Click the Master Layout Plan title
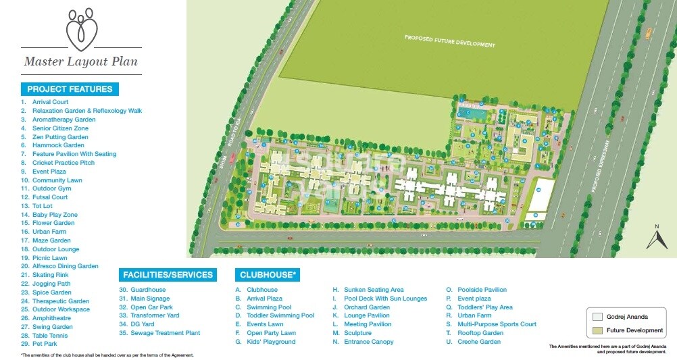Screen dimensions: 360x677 pyautogui.click(x=81, y=62)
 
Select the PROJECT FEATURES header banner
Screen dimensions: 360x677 pyautogui.click(x=70, y=89)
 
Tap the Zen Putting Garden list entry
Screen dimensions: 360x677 pyautogui.click(x=60, y=136)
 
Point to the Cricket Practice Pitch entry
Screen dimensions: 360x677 pyautogui.click(x=64, y=163)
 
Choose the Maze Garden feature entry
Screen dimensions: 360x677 pyautogui.click(x=51, y=240)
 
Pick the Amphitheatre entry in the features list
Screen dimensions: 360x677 pyautogui.click(x=52, y=318)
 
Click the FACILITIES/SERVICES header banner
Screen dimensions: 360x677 pyautogui.click(x=168, y=275)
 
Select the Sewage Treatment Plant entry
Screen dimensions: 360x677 pyautogui.click(x=165, y=333)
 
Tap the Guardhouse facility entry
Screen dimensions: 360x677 pyautogui.click(x=148, y=290)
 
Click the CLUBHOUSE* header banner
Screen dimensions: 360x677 pyautogui.click(x=268, y=275)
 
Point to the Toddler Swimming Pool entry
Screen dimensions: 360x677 pyautogui.click(x=280, y=315)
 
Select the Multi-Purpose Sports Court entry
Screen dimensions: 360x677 pyautogui.click(x=497, y=324)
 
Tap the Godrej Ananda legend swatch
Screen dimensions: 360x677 pyautogui.click(x=597, y=316)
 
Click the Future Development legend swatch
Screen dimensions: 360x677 pyautogui.click(x=597, y=330)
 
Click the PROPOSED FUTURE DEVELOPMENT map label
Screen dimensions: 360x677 pyautogui.click(x=449, y=41)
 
